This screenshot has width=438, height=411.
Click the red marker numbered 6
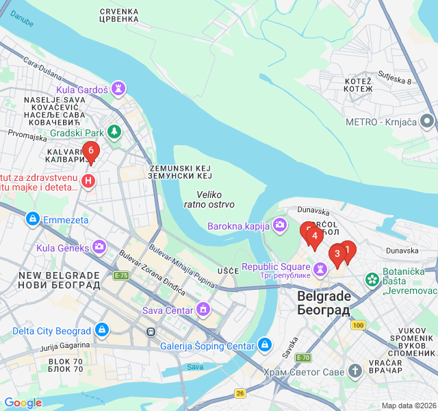tap(90, 151)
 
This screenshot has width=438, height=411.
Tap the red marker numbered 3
tap(337, 255)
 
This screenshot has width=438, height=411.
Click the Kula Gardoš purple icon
tap(120, 89)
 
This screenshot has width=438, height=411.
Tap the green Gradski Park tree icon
tap(115, 132)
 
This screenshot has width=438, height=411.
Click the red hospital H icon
tap(88, 181)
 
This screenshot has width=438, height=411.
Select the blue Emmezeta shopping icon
tap(31, 220)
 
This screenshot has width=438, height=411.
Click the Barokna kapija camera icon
tap(279, 225)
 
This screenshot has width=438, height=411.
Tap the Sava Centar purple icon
tap(203, 310)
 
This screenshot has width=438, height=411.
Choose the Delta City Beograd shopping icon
tap(102, 331)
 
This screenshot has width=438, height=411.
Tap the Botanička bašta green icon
tap(372, 279)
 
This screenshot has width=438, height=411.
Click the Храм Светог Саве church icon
tap(355, 371)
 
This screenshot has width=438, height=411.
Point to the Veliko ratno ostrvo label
tap(209, 199)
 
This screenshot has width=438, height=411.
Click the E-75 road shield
tap(121, 275)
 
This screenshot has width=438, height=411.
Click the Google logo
tap(23, 403)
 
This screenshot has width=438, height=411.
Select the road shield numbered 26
tap(240, 393)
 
